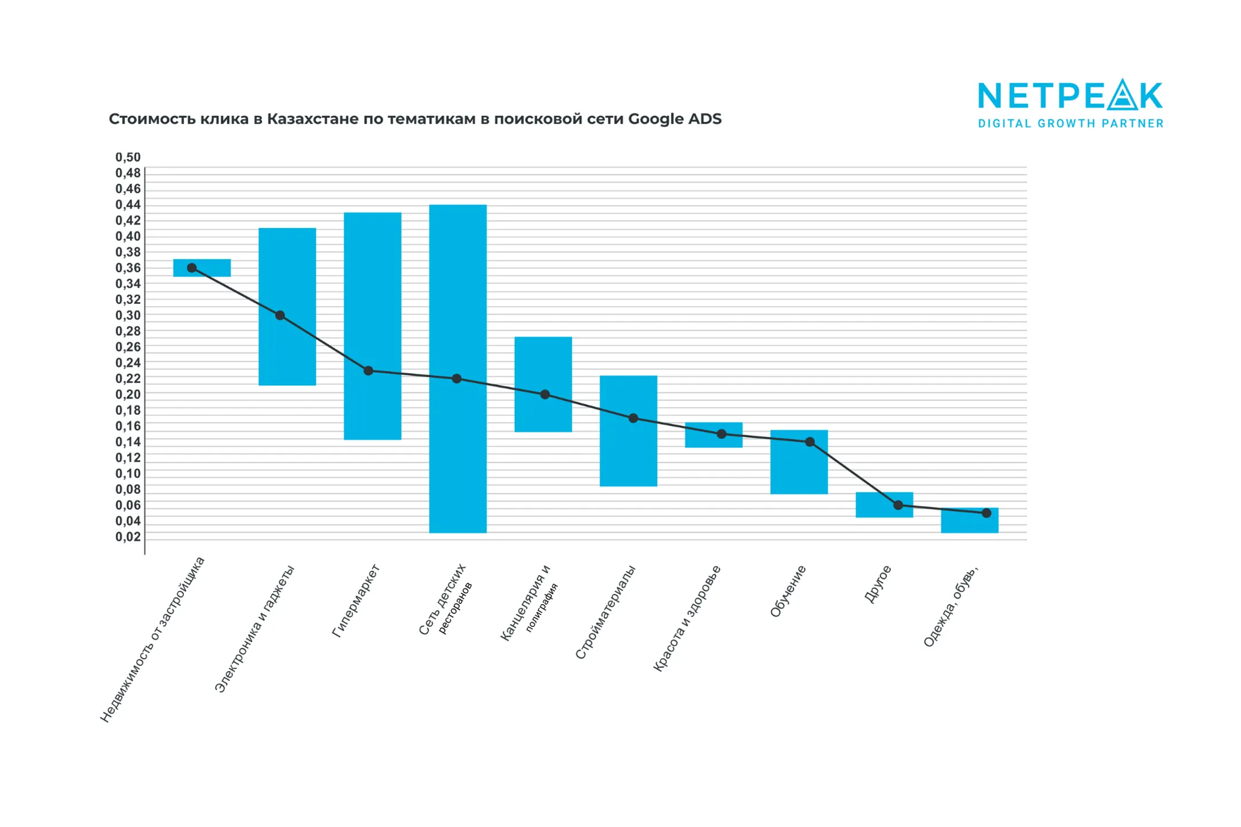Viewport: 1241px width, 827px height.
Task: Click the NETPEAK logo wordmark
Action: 1070,95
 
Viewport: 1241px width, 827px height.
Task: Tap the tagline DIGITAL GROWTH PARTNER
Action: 1071,123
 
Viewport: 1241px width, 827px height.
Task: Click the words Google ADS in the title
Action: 675,119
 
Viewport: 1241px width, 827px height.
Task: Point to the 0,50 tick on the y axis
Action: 128,157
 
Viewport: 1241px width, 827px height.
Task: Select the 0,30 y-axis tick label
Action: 128,315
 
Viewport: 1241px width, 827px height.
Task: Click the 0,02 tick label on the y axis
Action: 128,537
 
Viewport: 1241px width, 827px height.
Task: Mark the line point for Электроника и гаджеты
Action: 280,315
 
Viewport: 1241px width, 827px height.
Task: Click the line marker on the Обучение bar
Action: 810,442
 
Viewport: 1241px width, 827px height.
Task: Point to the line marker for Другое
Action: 898,505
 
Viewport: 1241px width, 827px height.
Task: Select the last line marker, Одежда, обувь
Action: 986,513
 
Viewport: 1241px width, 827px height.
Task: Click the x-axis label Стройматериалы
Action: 605,612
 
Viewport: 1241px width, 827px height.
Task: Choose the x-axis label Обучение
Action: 788,591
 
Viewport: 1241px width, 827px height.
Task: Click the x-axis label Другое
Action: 877,584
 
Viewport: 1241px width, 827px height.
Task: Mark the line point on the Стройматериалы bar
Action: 633,418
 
